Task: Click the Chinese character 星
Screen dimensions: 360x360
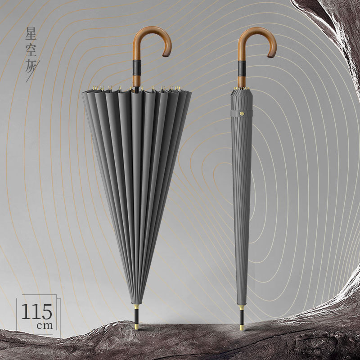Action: point(31,33)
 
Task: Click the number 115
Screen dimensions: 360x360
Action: point(37,311)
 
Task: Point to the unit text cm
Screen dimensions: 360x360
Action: point(45,325)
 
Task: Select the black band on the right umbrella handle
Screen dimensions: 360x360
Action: point(242,68)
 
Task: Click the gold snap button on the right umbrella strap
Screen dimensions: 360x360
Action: point(242,113)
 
